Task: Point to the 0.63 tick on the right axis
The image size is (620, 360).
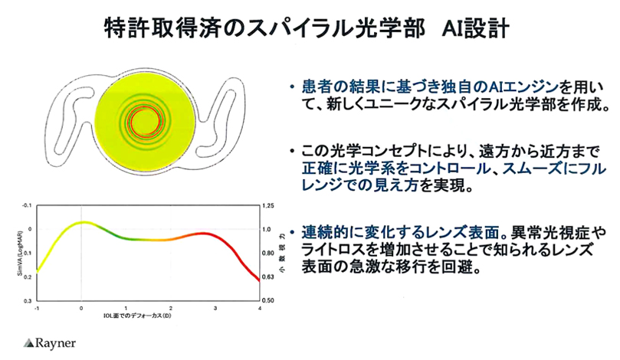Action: coord(267,277)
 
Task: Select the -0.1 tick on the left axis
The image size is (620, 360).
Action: coord(28,206)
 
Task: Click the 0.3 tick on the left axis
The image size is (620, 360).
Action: coord(30,300)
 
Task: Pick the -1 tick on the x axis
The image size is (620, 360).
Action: coord(37,308)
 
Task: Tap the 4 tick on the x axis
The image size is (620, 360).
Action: coord(259,308)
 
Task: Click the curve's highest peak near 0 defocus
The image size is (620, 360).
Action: coord(83,222)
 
